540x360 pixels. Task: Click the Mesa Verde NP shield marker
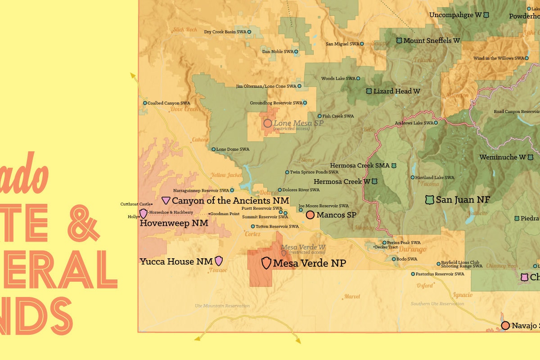click(266, 263)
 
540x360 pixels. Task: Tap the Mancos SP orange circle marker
click(310, 215)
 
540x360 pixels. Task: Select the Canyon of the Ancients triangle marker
click(166, 200)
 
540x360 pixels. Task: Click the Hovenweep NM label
click(174, 223)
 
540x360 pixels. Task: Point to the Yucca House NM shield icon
click(219, 261)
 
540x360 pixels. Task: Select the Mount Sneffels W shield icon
click(399, 40)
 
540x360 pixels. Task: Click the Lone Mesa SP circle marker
click(268, 123)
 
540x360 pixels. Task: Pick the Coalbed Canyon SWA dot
click(145, 103)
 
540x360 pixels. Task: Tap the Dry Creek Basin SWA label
click(225, 32)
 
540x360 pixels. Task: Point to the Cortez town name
click(252, 234)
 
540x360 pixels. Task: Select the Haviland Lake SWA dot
click(413, 177)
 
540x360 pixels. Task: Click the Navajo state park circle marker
click(505, 325)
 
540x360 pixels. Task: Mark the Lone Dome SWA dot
click(213, 149)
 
